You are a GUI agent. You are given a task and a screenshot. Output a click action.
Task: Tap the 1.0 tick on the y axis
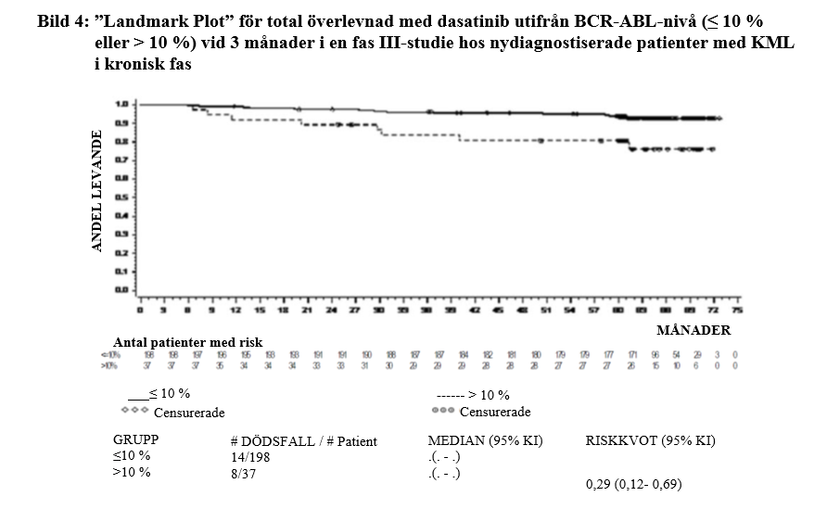tap(121, 104)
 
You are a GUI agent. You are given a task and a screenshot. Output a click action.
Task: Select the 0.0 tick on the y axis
tap(121, 289)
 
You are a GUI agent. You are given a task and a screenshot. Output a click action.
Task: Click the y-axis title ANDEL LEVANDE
tap(96, 192)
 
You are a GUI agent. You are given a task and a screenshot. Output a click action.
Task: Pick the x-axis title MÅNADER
tap(693, 329)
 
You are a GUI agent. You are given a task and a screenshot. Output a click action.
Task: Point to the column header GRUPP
tap(136, 441)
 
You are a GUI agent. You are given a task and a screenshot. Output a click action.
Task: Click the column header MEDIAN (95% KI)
tap(485, 441)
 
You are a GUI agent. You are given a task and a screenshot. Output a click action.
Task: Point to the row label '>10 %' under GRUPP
tap(131, 472)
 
